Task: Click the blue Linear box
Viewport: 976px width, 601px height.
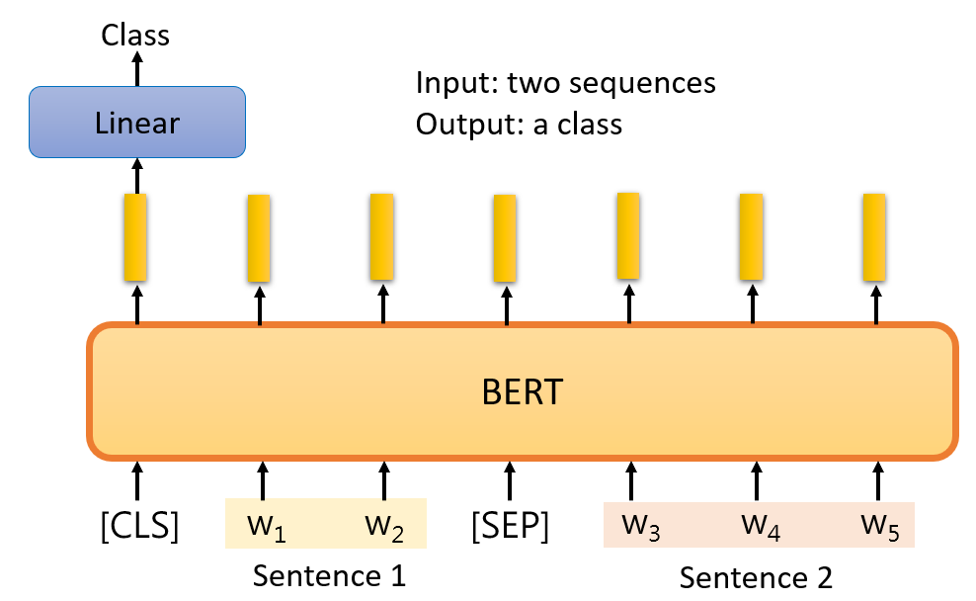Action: click(137, 122)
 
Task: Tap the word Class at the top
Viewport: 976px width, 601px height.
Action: click(135, 35)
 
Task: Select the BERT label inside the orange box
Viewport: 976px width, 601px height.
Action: click(523, 392)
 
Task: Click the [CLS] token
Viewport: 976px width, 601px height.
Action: click(139, 526)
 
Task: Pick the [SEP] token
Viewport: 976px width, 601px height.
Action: click(510, 526)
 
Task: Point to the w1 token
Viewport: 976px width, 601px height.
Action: click(267, 527)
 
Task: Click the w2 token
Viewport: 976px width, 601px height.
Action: click(384, 527)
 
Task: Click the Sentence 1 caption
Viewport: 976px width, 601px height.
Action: click(329, 575)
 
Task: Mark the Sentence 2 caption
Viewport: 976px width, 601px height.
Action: click(756, 577)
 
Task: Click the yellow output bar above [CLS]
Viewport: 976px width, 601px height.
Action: click(135, 237)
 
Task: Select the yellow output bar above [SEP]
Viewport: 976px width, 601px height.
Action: click(505, 238)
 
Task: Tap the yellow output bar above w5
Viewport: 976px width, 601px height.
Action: click(874, 237)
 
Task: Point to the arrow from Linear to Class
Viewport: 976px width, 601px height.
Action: click(137, 68)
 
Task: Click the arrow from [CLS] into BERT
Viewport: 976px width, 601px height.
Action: click(137, 480)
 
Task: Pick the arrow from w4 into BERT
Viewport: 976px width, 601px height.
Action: click(757, 480)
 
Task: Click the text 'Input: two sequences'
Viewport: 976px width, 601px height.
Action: click(566, 83)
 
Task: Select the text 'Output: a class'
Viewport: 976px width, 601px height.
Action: click(519, 125)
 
